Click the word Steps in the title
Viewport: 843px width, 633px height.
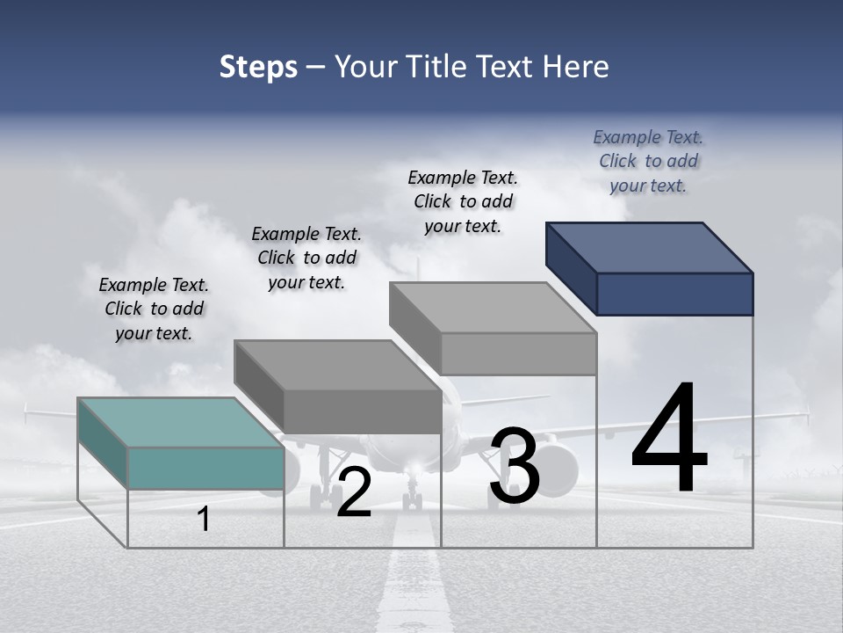(x=258, y=68)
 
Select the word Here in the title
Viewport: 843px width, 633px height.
(x=575, y=68)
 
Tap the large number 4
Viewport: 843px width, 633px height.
(x=669, y=440)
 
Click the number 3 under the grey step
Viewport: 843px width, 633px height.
(x=515, y=467)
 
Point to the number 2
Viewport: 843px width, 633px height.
(x=354, y=492)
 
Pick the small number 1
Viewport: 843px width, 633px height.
(x=204, y=519)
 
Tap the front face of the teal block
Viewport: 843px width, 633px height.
(x=205, y=468)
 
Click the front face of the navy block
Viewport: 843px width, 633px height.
(x=674, y=294)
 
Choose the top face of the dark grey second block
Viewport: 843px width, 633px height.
(x=337, y=365)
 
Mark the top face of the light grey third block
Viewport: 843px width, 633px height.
(x=493, y=308)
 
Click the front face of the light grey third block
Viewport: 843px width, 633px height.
(x=518, y=353)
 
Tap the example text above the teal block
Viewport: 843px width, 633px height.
(x=154, y=309)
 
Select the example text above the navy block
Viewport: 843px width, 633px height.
(x=648, y=161)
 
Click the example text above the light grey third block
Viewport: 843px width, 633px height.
(x=463, y=201)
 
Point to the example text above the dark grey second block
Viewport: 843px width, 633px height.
(x=306, y=258)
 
